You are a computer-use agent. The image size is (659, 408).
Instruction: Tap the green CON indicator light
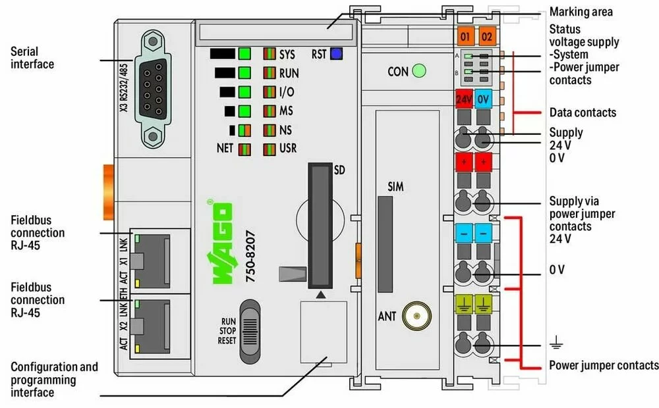click(x=418, y=70)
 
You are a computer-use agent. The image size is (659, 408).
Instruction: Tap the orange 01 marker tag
click(x=467, y=36)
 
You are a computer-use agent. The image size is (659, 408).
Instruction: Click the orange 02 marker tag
click(x=488, y=36)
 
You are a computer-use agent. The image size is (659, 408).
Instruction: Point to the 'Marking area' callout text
click(x=581, y=12)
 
